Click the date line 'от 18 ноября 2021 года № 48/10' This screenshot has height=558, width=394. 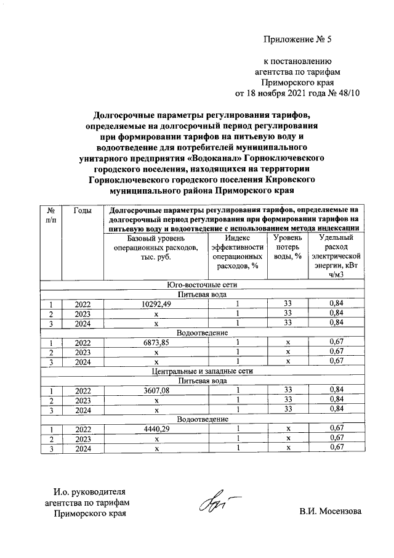[297, 93]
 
